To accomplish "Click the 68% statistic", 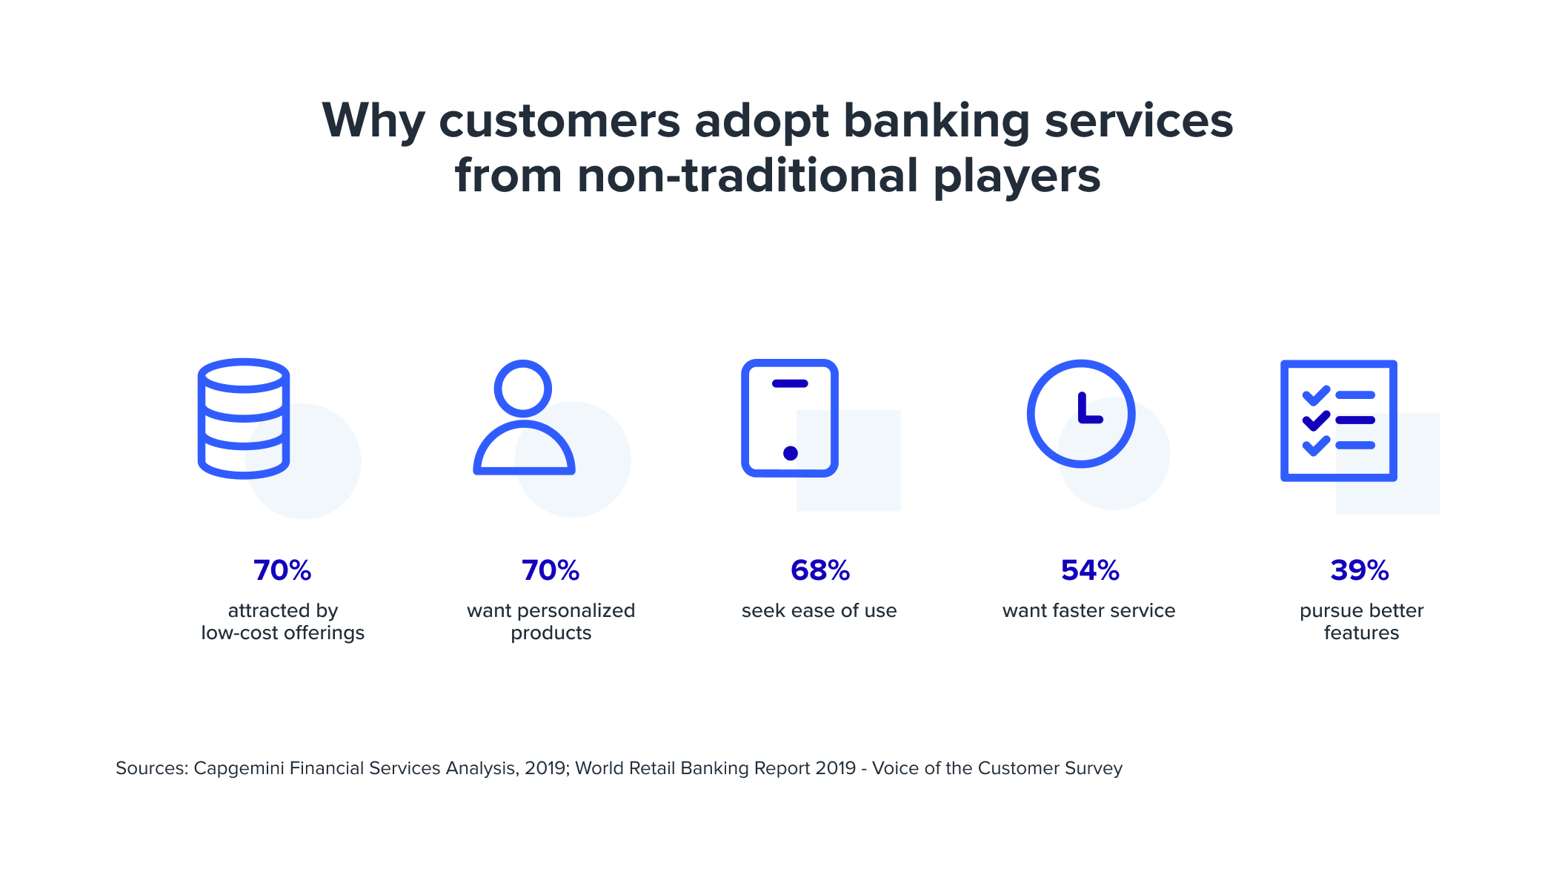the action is click(x=819, y=570).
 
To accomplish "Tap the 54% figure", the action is click(x=1090, y=570).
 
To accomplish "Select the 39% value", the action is click(x=1360, y=570).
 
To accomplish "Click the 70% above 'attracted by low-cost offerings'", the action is click(x=282, y=570).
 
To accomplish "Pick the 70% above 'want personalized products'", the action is click(x=551, y=570).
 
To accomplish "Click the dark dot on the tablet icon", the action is click(x=791, y=453).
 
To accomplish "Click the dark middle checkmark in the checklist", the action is click(x=1316, y=421).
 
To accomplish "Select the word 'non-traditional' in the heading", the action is click(x=748, y=176).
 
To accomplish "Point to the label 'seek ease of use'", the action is click(x=819, y=611).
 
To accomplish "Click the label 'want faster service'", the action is click(x=1089, y=611).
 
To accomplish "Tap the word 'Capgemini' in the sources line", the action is click(x=239, y=768).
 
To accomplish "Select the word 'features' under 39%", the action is click(x=1362, y=633).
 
